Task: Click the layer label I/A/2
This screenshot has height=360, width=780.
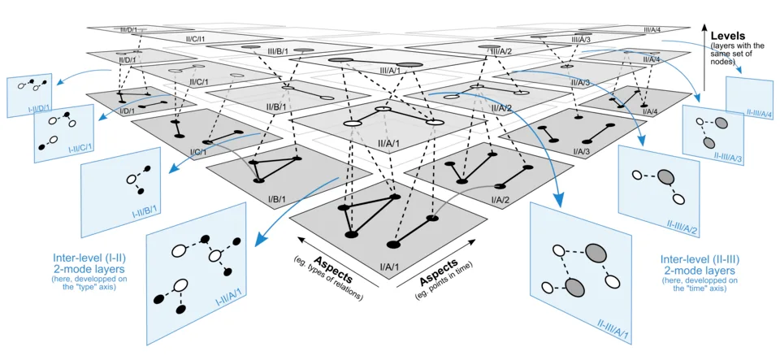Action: pyautogui.click(x=499, y=199)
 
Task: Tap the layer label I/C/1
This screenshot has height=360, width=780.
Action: pyautogui.click(x=198, y=152)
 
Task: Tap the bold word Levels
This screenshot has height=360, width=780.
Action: pyautogui.click(x=730, y=37)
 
